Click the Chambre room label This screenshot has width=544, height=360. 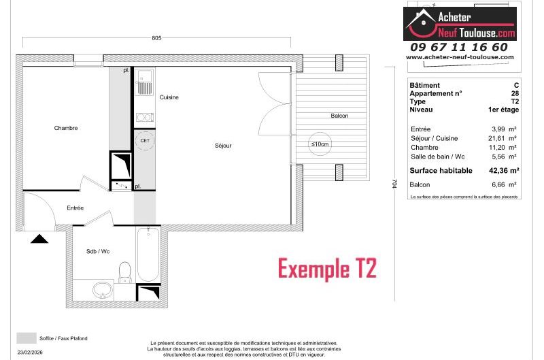pos(65,128)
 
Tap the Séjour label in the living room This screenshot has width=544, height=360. pos(223,146)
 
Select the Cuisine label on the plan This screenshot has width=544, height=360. pos(169,97)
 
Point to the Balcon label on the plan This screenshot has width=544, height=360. pos(339,116)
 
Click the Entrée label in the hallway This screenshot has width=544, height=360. pos(75,208)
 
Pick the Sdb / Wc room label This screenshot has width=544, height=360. pos(98,251)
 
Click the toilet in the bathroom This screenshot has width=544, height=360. pos(125,272)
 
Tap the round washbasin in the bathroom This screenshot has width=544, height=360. pos(103,290)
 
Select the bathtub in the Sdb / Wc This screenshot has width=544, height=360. pos(148,255)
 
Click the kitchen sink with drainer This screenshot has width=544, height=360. pos(145,82)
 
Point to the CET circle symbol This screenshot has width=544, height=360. pos(145,141)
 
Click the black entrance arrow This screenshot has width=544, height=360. pos(39,238)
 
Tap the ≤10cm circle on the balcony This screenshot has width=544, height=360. pos(320,144)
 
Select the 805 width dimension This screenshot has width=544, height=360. pos(156,38)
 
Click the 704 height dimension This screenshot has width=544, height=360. pos(394,184)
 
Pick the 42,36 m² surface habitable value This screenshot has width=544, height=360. pos(504,170)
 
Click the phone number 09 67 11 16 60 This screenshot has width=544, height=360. pos(458,47)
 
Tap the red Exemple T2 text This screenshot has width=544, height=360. pos(327,269)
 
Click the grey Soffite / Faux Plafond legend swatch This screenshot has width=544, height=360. pos(27,338)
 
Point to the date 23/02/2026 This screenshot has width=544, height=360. pos(30,353)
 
